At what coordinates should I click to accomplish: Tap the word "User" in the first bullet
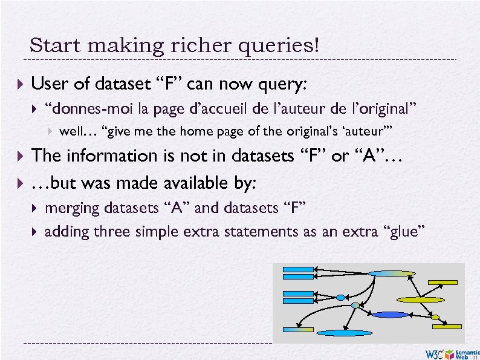point(49,84)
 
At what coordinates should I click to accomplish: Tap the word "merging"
point(73,209)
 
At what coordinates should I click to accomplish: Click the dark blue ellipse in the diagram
point(391,315)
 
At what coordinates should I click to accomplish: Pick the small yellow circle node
point(435,317)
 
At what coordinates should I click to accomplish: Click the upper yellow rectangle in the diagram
point(443,282)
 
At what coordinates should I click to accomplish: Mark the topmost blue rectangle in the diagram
point(296,269)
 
